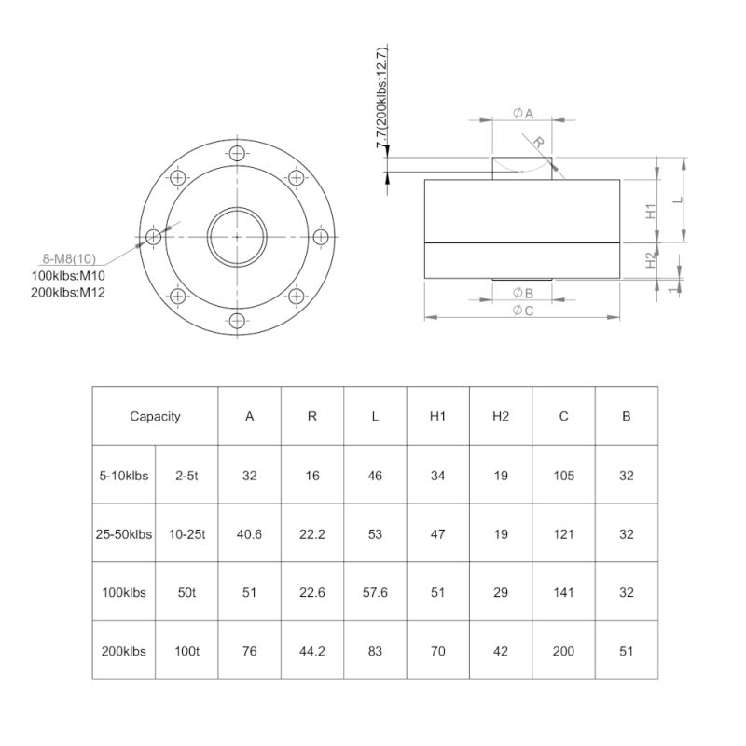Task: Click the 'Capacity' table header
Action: [155, 417]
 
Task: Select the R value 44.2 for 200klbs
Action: [312, 650]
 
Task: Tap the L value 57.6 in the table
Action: [375, 592]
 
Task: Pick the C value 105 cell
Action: [563, 476]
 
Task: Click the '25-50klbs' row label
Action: [124, 534]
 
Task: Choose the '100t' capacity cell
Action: [186, 650]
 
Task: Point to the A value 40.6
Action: [249, 534]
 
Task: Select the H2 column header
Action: [501, 417]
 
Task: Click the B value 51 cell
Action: [626, 650]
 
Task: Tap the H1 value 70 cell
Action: [437, 650]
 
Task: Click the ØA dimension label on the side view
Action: [522, 113]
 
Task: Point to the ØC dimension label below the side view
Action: [522, 311]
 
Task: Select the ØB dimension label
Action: [522, 294]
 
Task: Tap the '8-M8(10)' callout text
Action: [70, 259]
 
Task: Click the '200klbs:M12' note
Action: [69, 293]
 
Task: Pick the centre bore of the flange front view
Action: [238, 237]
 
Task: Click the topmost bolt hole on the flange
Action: [238, 153]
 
